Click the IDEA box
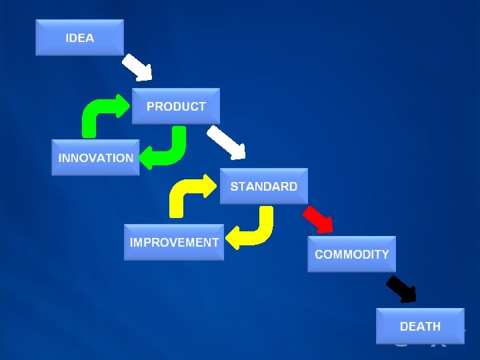point(79,37)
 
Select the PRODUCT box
point(176,106)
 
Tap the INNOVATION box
point(95,158)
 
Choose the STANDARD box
point(264,186)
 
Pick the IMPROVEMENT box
point(174,243)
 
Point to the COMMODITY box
point(351,254)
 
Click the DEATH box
point(420,326)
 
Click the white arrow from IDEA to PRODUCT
point(138,67)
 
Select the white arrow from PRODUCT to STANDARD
point(226,142)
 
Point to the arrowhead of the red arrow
point(325,225)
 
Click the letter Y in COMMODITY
point(385,254)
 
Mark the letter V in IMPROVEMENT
point(178,243)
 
